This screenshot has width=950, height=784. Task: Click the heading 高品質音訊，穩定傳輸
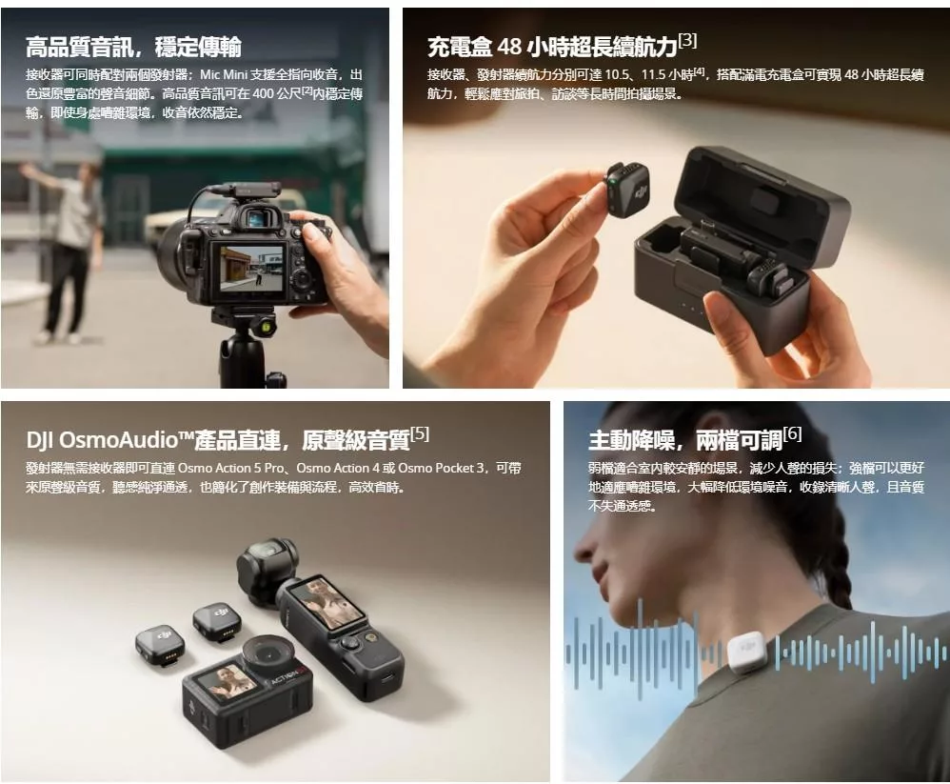point(133,47)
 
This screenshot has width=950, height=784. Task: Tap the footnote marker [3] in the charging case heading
point(687,41)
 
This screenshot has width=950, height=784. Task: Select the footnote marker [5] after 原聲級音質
point(420,433)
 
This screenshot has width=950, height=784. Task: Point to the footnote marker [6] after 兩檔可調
point(792,433)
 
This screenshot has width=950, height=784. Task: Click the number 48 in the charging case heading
point(509,47)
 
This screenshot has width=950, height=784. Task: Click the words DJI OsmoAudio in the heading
point(103,440)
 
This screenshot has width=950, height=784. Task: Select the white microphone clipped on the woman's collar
point(747,653)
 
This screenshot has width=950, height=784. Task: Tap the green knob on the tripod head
point(266,328)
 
